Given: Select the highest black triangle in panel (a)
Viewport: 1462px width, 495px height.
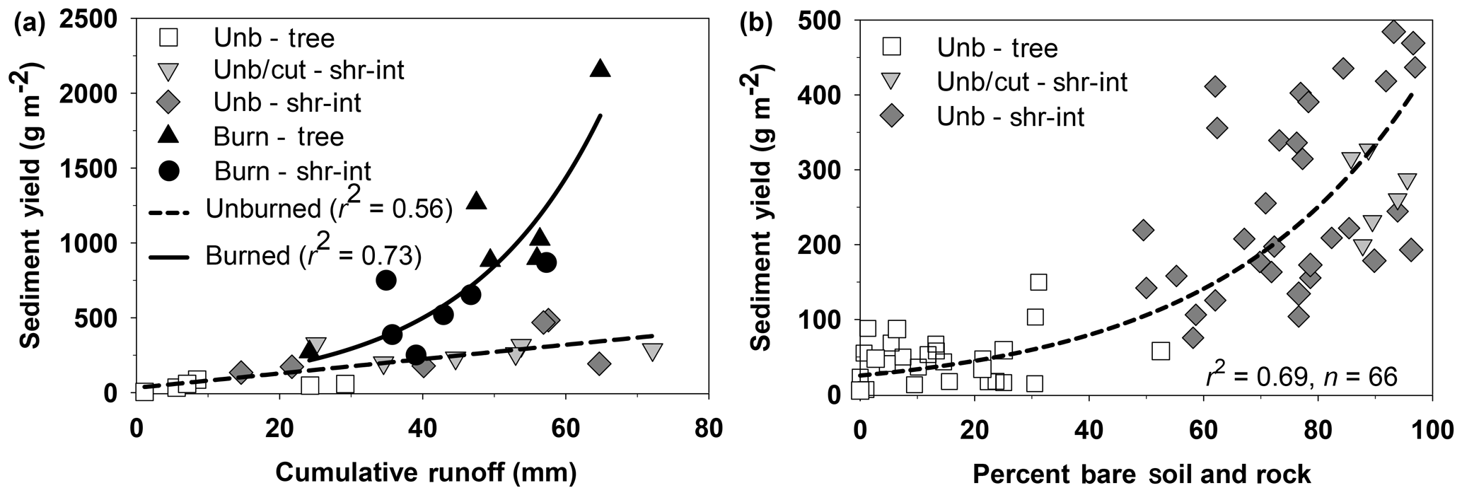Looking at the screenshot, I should [x=600, y=68].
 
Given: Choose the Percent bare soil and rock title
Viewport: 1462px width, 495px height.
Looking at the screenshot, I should [x=1142, y=474].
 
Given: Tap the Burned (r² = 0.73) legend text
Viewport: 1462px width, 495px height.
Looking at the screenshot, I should [x=313, y=255].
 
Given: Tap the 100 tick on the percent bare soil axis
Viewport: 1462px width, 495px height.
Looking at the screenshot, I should [x=1431, y=431].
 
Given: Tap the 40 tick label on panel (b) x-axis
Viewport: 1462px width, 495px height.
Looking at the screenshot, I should [x=1089, y=431].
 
